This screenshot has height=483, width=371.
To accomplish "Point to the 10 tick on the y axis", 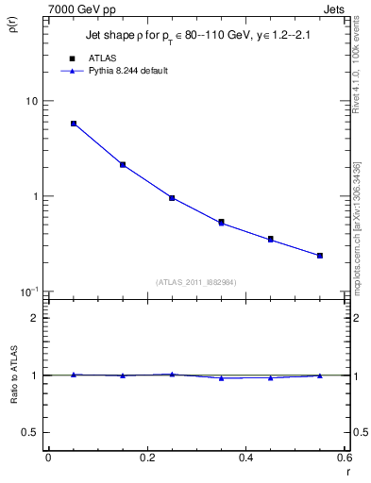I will click(33, 101).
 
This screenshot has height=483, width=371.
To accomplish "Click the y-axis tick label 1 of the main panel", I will click(36, 196).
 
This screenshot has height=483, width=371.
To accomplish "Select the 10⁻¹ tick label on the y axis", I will click(31, 291).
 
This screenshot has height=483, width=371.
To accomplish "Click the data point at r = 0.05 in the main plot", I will click(74, 124).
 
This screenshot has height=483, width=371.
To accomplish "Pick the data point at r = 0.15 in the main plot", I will click(123, 164).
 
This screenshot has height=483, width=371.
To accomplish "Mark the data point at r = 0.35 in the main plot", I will click(222, 223).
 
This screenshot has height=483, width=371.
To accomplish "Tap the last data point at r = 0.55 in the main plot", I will click(320, 255).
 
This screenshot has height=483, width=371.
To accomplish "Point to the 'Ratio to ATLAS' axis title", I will click(14, 376).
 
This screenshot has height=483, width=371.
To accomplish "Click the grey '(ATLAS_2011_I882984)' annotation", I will click(196, 281).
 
